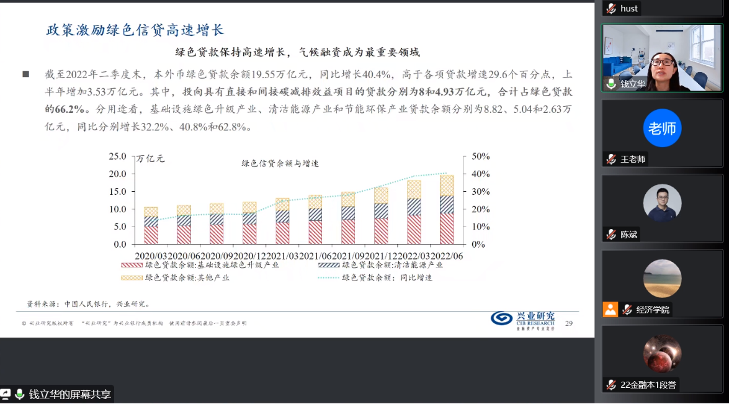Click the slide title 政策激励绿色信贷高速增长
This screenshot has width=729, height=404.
pyautogui.click(x=135, y=30)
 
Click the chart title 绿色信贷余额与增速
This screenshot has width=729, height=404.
pyautogui.click(x=280, y=163)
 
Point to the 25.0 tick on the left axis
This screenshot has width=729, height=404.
pyautogui.click(x=117, y=156)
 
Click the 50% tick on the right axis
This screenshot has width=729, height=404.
pyautogui.click(x=481, y=156)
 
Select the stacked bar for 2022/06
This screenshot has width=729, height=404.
pyautogui.click(x=447, y=210)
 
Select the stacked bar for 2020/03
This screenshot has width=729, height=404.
pyautogui.click(x=151, y=225)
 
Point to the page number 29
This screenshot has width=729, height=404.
pyautogui.click(x=569, y=323)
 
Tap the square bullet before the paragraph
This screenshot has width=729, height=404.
pyautogui.click(x=26, y=74)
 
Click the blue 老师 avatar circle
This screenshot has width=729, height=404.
pyautogui.click(x=662, y=128)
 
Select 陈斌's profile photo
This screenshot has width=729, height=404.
pyautogui.click(x=662, y=203)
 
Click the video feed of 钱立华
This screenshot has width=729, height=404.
pyautogui.click(x=662, y=58)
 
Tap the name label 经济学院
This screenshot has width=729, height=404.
pyautogui.click(x=653, y=310)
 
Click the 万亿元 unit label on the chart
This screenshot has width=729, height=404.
pyautogui.click(x=151, y=158)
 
